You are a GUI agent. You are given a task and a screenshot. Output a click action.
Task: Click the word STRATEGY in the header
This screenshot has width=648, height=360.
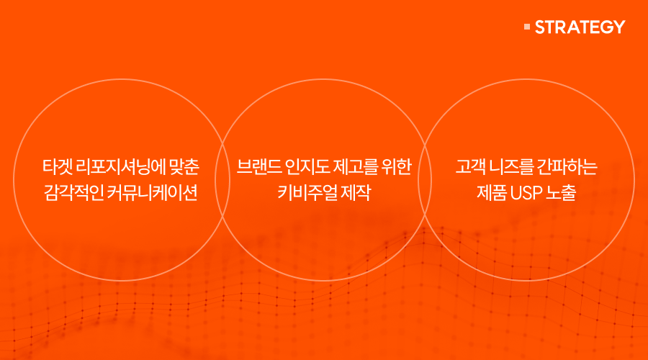pyautogui.click(x=580, y=27)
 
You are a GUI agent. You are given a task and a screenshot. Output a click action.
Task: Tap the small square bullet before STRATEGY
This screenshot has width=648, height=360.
pyautogui.click(x=527, y=27)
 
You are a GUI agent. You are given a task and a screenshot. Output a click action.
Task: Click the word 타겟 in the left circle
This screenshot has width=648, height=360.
pyautogui.click(x=58, y=166)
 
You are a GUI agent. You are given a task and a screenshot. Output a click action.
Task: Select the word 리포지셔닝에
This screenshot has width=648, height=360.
pyautogui.click(x=121, y=166)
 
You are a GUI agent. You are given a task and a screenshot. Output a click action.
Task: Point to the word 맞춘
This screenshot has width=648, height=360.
pyautogui.click(x=184, y=166)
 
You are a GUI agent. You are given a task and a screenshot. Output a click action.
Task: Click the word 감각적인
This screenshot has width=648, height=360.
pyautogui.click(x=73, y=193)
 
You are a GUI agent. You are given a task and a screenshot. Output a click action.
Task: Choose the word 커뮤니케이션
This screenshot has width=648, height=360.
pyautogui.click(x=153, y=193)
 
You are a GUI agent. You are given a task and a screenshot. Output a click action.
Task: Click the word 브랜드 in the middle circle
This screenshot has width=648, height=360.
pyautogui.click(x=259, y=166)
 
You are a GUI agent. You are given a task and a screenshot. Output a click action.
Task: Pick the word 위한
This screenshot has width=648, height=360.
pyautogui.click(x=396, y=166)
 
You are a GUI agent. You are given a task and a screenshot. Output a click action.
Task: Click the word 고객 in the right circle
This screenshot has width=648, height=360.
pyautogui.click(x=470, y=166)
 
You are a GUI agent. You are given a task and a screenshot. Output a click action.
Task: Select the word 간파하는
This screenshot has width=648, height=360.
pyautogui.click(x=567, y=166)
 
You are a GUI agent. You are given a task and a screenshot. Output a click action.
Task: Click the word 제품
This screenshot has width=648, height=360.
pyautogui.click(x=492, y=193)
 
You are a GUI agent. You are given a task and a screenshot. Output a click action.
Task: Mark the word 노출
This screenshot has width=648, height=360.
pyautogui.click(x=561, y=193)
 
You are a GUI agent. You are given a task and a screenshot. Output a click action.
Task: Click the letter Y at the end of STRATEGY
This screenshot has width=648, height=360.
pyautogui.click(x=618, y=27)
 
